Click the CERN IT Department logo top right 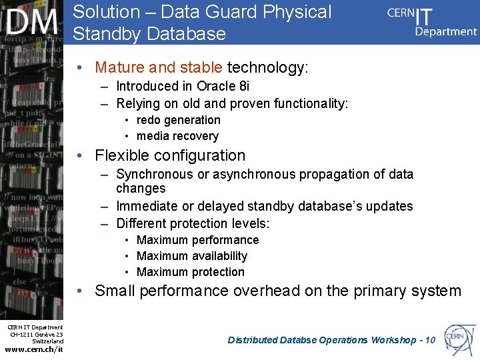pyautogui.click(x=432, y=21)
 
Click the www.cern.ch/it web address pyautogui.click(x=34, y=350)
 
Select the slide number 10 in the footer pyautogui.click(x=429, y=340)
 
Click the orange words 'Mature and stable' pyautogui.click(x=159, y=67)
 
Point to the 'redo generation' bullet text pyautogui.click(x=178, y=120)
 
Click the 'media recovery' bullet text pyautogui.click(x=177, y=136)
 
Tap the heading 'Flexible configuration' pyautogui.click(x=170, y=155)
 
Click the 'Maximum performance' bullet pyautogui.click(x=197, y=240)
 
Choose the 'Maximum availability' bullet pyautogui.click(x=191, y=256)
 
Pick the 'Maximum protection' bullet pyautogui.click(x=190, y=272)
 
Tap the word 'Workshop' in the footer pyautogui.click(x=393, y=340)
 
